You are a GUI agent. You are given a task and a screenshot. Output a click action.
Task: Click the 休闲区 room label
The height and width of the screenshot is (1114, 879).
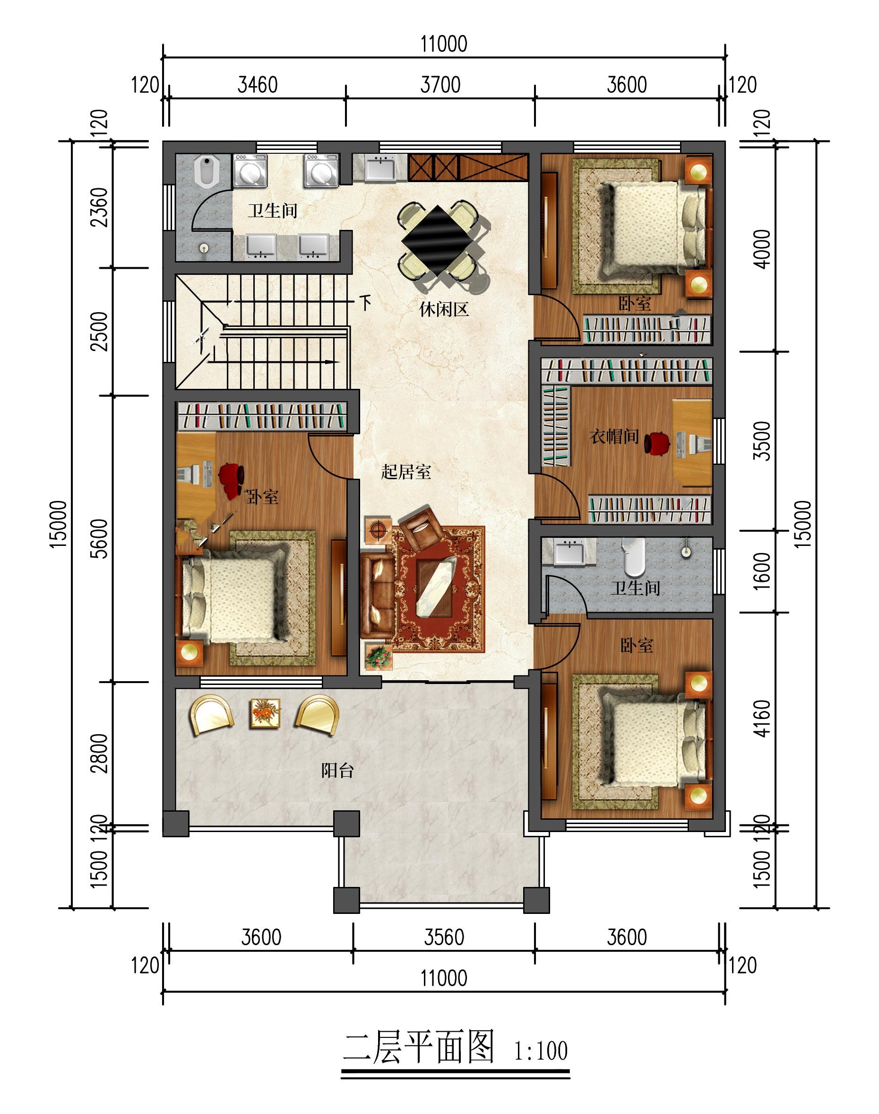click(x=444, y=309)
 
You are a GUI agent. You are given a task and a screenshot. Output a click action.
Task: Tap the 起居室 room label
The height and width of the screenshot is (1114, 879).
click(x=406, y=471)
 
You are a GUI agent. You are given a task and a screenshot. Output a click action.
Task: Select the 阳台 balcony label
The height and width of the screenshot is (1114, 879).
click(x=337, y=771)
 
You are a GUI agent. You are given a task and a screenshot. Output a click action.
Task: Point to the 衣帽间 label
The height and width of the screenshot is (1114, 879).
click(x=614, y=436)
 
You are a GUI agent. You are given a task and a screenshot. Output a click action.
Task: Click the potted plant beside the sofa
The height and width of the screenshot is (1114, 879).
click(x=378, y=656)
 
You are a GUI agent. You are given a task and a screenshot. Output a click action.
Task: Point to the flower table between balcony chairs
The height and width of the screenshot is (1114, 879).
click(x=265, y=713)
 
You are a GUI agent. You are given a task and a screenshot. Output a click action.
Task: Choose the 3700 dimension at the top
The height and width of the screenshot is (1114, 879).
click(x=440, y=85)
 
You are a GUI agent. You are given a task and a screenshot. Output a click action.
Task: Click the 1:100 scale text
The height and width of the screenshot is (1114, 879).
click(x=541, y=1051)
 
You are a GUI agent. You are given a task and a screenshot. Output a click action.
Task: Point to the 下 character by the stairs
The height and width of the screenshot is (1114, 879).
click(x=365, y=302)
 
